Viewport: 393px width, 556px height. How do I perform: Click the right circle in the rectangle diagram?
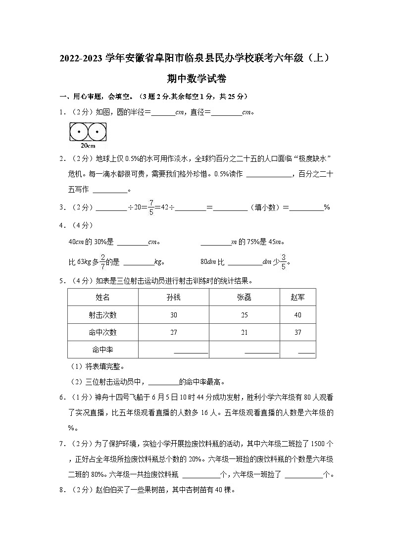pos(97,133)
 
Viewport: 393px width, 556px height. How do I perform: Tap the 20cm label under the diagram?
pos(87,146)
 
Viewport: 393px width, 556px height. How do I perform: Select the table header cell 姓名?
pos(103,297)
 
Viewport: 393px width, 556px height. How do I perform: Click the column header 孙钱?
pos(174,297)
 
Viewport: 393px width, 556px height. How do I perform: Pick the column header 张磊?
pos(245,297)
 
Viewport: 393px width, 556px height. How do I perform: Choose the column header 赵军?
pos(298,297)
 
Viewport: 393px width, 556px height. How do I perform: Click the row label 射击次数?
pos(103,315)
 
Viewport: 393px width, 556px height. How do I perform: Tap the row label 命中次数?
pos(103,332)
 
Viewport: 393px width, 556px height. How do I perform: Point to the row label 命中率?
pos(103,350)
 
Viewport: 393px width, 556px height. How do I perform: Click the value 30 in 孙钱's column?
pos(174,315)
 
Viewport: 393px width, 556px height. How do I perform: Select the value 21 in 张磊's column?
pos(245,332)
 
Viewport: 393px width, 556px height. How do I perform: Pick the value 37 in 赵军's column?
pos(298,332)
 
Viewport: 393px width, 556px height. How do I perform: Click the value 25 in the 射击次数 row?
pos(245,315)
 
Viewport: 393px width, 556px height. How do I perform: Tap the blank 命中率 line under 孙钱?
pos(191,352)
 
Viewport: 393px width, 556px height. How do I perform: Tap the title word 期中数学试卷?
pos(196,78)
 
